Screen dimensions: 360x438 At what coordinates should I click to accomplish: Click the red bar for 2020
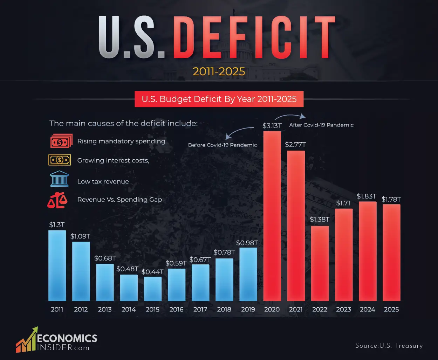click(272, 216)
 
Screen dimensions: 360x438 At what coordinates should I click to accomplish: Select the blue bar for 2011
click(57, 265)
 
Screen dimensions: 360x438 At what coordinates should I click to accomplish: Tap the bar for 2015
click(153, 289)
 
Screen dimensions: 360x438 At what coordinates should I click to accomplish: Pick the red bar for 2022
click(320, 263)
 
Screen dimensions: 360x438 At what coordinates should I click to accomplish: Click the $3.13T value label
click(272, 126)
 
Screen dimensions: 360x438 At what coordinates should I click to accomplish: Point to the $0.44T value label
click(152, 272)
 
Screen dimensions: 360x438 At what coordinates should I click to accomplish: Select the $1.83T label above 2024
click(367, 196)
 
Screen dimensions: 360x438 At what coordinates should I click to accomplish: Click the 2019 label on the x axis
click(248, 310)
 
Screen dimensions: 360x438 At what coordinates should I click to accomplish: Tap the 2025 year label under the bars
click(391, 310)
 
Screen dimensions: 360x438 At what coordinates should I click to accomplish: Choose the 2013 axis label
click(105, 310)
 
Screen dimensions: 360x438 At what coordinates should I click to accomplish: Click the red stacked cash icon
click(61, 141)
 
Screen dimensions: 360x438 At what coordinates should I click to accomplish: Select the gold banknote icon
click(60, 160)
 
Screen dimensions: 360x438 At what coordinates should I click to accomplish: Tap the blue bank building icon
click(60, 179)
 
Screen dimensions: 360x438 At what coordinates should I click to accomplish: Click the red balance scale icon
click(57, 201)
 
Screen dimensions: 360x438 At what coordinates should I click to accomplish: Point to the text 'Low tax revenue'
click(103, 182)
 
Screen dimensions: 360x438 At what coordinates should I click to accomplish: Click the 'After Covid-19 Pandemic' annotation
click(321, 125)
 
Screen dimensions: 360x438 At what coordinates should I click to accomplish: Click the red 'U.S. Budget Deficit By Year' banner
click(219, 99)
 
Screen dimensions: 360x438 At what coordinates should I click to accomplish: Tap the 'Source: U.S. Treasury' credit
click(389, 346)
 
